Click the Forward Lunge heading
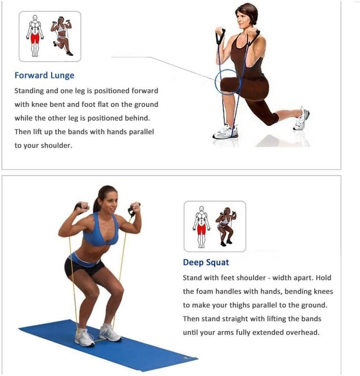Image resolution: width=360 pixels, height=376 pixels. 44,75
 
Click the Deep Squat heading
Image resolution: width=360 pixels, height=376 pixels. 206,263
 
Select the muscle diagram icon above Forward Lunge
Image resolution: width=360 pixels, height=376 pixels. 50,36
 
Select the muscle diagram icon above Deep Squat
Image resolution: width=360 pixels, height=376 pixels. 215,226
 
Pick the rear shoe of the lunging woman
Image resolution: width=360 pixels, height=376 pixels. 301,120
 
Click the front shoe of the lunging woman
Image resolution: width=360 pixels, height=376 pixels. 225,132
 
